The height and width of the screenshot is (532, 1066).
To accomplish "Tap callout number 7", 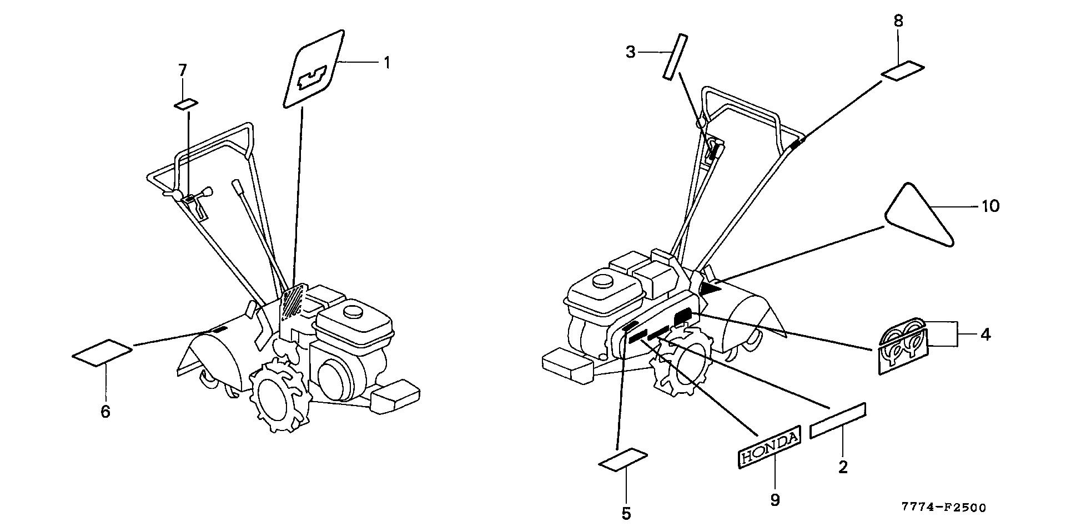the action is (x=183, y=70).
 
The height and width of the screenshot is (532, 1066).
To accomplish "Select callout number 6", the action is (x=105, y=412).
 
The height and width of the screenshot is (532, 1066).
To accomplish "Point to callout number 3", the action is (x=630, y=52).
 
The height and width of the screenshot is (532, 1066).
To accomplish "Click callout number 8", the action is (x=898, y=21).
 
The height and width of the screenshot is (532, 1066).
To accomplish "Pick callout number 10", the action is (x=990, y=206).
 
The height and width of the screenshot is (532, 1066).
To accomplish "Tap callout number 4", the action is (x=985, y=335).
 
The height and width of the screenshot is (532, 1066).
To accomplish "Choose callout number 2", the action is (x=843, y=467).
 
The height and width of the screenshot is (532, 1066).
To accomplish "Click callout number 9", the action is (x=775, y=500).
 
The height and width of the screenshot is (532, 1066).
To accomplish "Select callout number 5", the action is (x=626, y=514).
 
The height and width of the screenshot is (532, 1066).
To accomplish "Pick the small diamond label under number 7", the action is (x=186, y=104).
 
